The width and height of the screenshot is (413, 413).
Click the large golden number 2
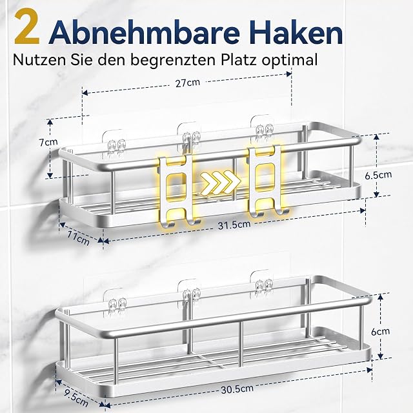pyautogui.click(x=27, y=27)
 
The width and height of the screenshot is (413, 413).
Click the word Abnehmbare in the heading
pyautogui.click(x=145, y=31)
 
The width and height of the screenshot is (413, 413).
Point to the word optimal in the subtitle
pyautogui.click(x=290, y=61)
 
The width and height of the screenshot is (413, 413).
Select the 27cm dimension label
pyautogui.click(x=188, y=83)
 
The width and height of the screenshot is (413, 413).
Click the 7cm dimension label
pyautogui.click(x=48, y=142)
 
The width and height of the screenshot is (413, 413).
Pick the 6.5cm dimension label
pyautogui.click(x=378, y=175)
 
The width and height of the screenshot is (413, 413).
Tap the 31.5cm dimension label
pyautogui.click(x=234, y=225)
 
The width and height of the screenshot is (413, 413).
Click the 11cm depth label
pyautogui.click(x=78, y=237)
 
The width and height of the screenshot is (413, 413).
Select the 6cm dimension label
pyautogui.click(x=380, y=332)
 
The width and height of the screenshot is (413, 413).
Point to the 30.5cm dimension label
pyautogui.click(x=237, y=389)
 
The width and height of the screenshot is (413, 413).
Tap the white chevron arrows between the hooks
pyautogui.click(x=221, y=181)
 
